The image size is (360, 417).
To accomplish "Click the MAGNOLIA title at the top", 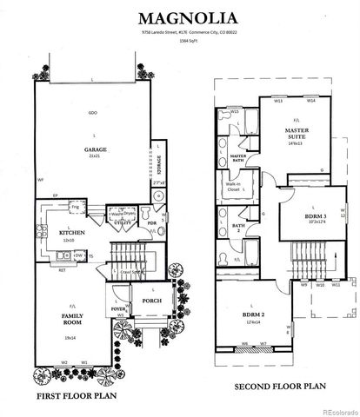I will [x=180, y=17].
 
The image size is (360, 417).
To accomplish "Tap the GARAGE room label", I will [x=96, y=149].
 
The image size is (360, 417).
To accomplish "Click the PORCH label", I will [x=151, y=302].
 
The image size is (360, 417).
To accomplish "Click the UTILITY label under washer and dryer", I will [x=123, y=223].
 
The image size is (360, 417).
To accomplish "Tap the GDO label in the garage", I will [x=91, y=114].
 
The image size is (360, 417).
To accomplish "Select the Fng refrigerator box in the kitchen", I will [x=75, y=208].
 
